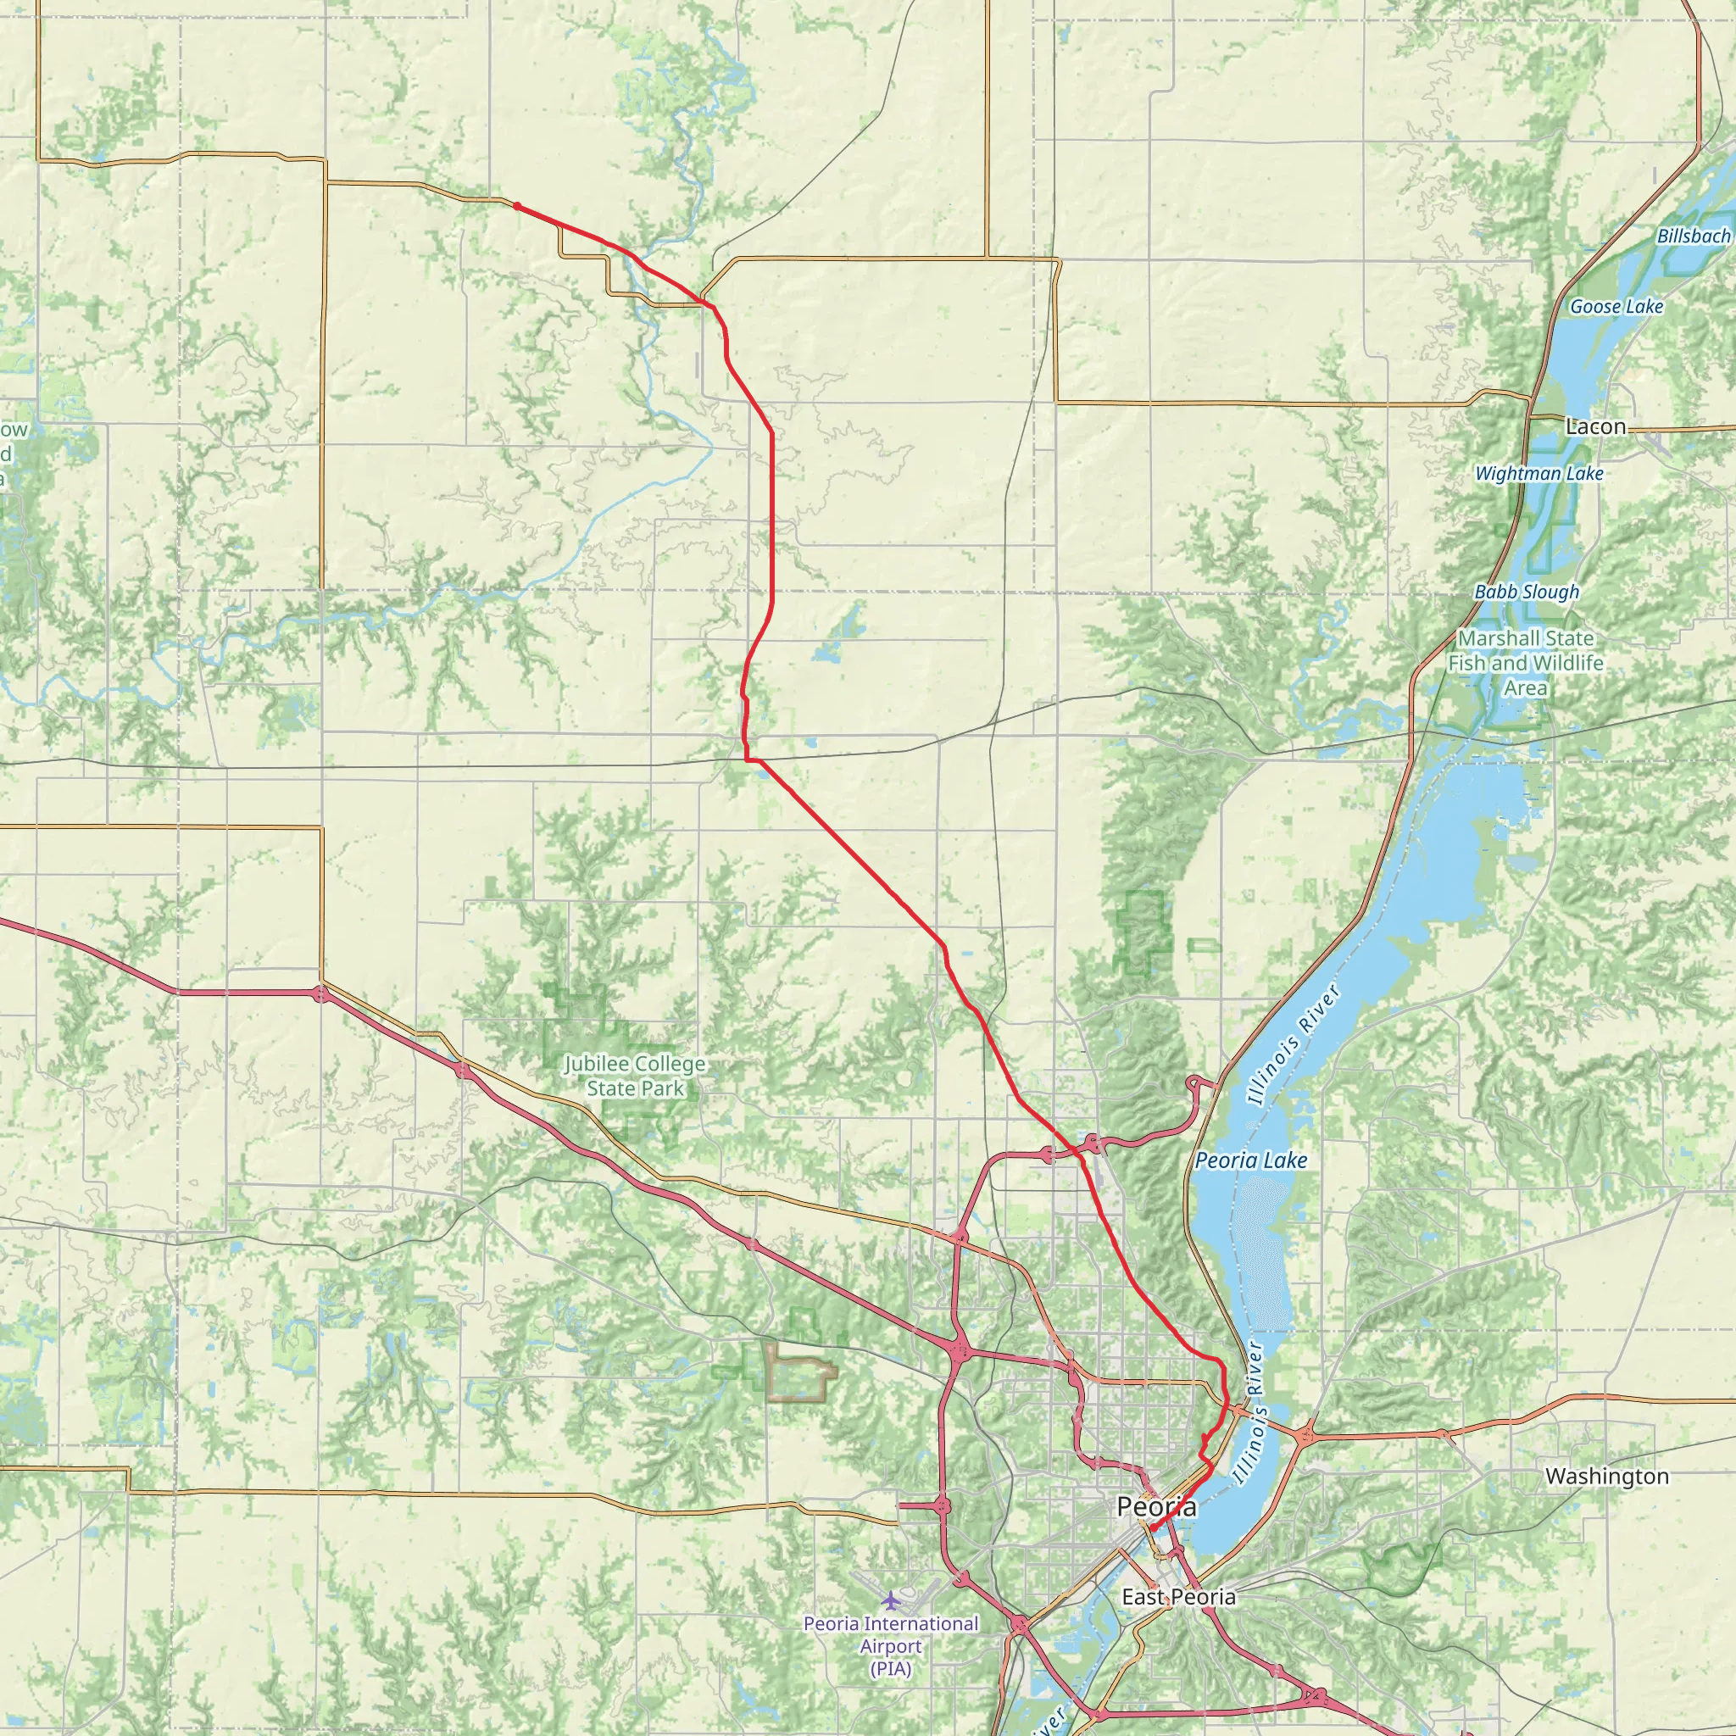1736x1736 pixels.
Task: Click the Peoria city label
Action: [1155, 1507]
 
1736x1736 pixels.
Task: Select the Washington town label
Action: [1606, 1477]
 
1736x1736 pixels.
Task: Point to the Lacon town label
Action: [1595, 427]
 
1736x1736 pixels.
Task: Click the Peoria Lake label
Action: [1251, 1160]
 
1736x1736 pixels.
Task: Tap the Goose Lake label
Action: [1616, 306]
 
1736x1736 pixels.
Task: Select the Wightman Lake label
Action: [1538, 474]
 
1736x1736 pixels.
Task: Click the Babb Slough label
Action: [1526, 593]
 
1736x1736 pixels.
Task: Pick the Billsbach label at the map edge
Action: [1693, 236]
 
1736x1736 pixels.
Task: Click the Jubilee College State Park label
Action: [634, 1077]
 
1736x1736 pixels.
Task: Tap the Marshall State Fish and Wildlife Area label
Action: [1525, 663]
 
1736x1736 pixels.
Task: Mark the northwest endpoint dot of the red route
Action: [518, 206]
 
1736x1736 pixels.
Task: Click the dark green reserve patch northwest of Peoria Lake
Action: [1143, 934]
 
